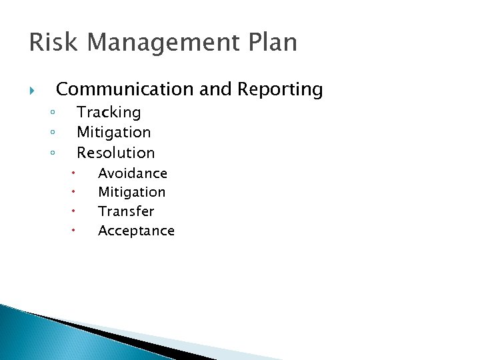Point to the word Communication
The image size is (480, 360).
[125, 89]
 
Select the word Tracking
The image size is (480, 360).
[109, 113]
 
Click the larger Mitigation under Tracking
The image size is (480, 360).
[113, 133]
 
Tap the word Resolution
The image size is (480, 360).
[115, 153]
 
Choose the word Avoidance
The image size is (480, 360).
[132, 173]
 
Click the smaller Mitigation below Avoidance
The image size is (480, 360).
[131, 192]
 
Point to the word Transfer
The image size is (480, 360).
[125, 211]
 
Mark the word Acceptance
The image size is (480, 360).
[136, 231]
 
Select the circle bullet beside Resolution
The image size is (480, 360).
[51, 153]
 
